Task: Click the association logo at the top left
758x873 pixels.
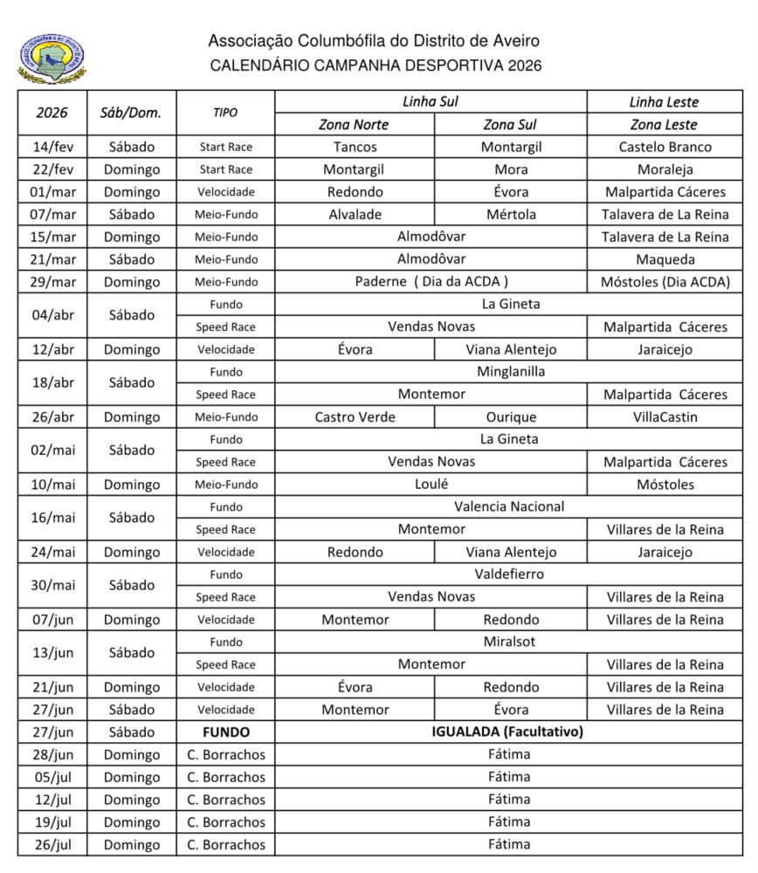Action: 52,59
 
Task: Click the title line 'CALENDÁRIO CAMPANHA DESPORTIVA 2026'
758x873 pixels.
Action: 376,65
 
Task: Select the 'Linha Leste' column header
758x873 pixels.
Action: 665,102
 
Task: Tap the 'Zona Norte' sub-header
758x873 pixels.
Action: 354,125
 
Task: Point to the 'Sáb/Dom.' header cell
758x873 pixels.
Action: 131,113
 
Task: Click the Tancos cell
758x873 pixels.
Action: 355,147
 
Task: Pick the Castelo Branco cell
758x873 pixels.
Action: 665,147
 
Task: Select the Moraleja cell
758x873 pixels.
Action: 665,169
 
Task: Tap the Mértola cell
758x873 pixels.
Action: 510,214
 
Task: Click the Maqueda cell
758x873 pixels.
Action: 665,259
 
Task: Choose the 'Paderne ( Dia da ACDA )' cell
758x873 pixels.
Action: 431,281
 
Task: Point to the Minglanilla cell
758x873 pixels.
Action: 510,371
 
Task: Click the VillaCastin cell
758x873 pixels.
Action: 665,416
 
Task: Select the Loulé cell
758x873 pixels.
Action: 431,484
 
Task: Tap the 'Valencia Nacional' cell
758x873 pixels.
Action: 509,506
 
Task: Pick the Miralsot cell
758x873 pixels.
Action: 509,642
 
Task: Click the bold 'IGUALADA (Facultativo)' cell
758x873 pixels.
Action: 507,732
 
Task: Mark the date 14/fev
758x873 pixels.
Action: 52,147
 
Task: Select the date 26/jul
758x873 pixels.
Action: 52,844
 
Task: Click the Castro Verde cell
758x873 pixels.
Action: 355,416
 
